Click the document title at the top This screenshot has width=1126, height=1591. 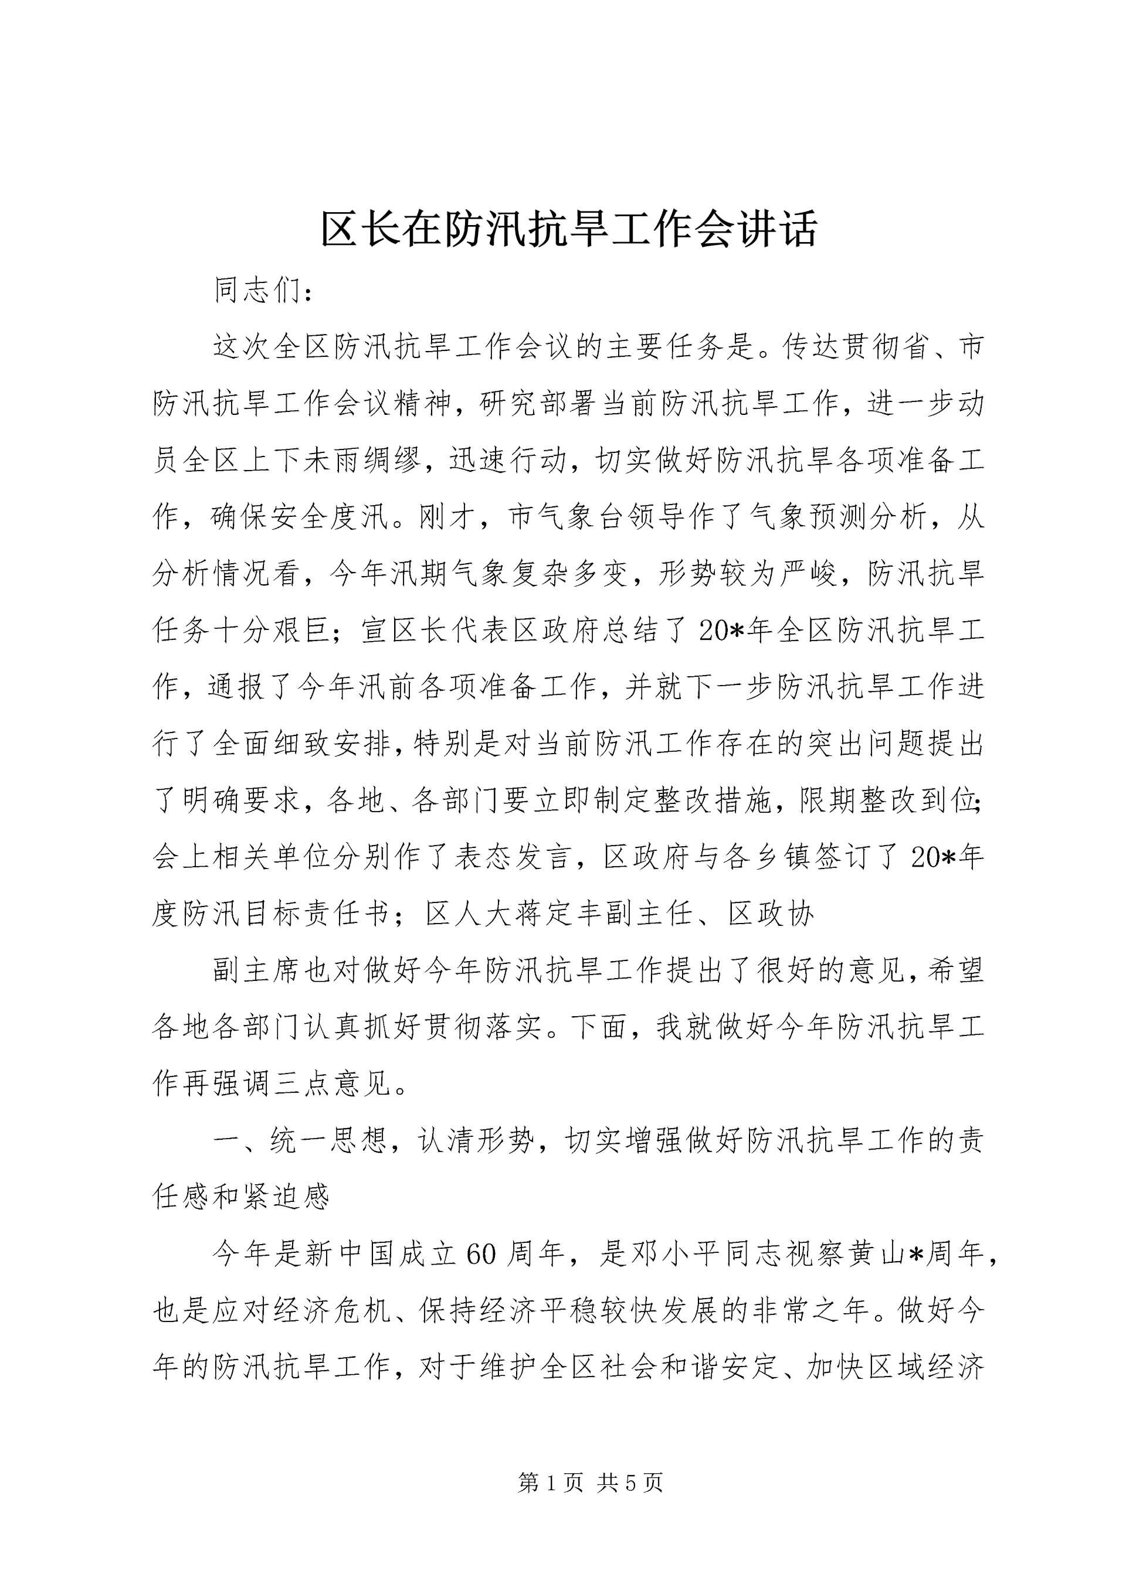568,229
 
